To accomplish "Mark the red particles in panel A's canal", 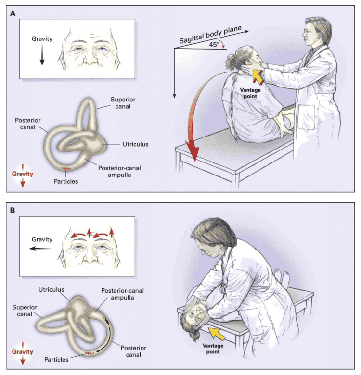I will pos(64,168).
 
